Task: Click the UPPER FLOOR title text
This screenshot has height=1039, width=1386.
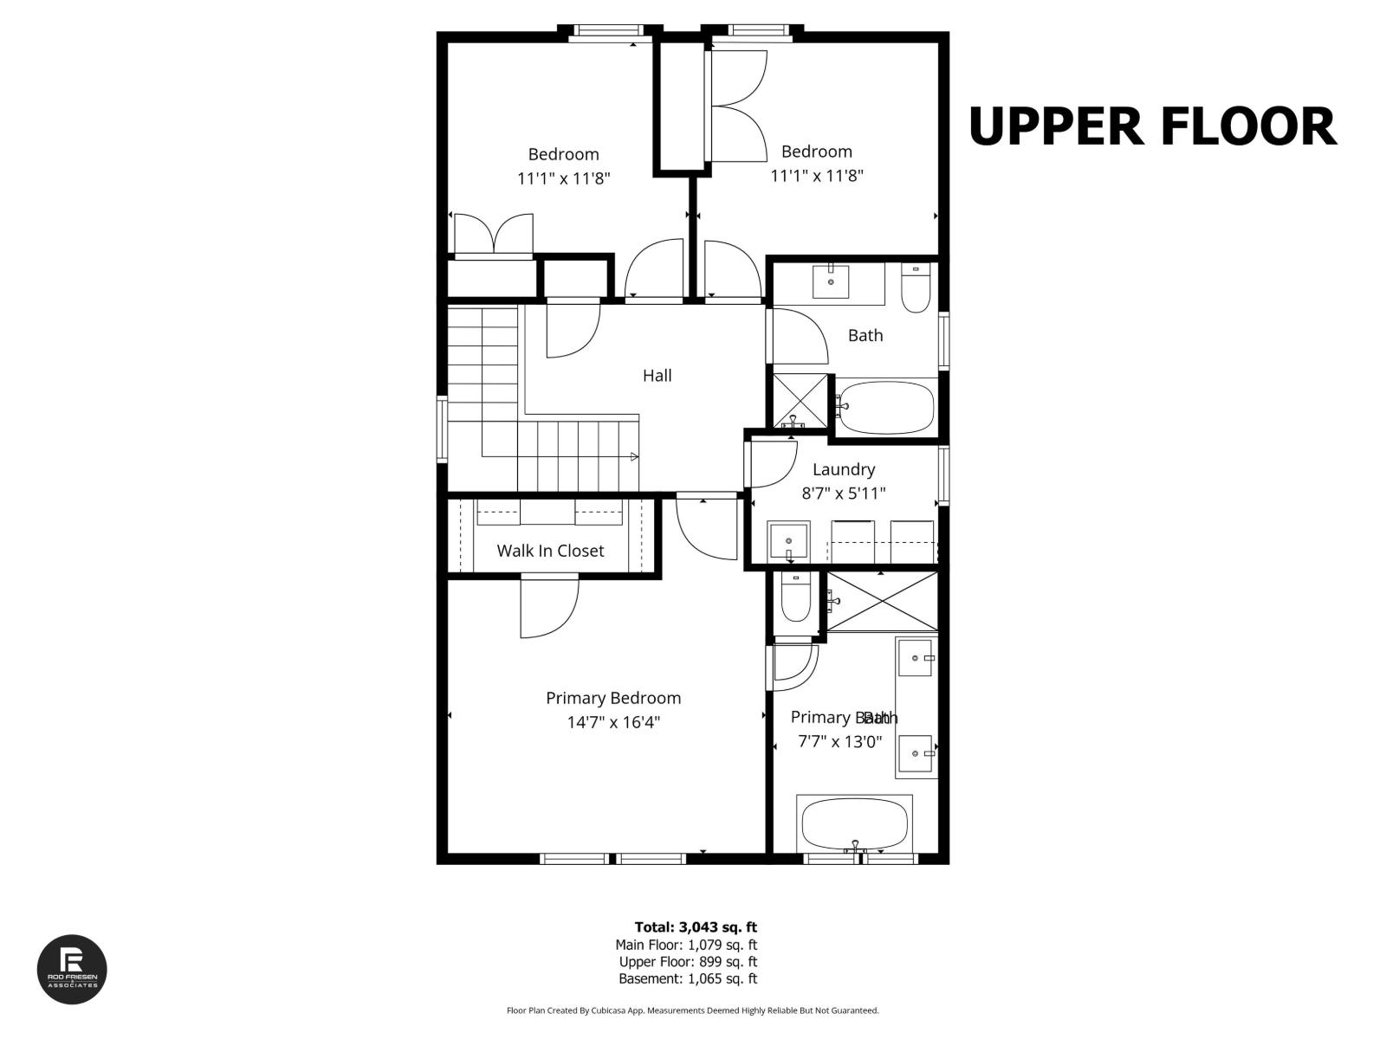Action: pyautogui.click(x=1151, y=126)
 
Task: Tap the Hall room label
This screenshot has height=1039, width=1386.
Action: pyautogui.click(x=657, y=376)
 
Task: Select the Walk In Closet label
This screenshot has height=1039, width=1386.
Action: pyautogui.click(x=550, y=551)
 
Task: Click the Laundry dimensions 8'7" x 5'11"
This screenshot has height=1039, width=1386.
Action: pyautogui.click(x=843, y=494)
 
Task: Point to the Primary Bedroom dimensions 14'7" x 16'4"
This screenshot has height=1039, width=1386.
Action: pyautogui.click(x=613, y=722)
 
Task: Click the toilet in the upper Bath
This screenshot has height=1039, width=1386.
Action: pyautogui.click(x=915, y=288)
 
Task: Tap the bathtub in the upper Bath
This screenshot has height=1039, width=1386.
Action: pyautogui.click(x=886, y=409)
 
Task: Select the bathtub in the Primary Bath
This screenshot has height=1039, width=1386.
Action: pyautogui.click(x=855, y=823)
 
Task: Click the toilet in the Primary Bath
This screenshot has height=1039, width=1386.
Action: pyautogui.click(x=795, y=598)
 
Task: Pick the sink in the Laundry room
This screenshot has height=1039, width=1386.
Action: pyautogui.click(x=788, y=542)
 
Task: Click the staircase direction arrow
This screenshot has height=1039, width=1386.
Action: pyautogui.click(x=634, y=456)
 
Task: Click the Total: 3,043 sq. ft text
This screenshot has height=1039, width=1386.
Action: pyautogui.click(x=696, y=927)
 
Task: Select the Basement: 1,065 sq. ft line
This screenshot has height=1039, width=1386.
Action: pyautogui.click(x=687, y=978)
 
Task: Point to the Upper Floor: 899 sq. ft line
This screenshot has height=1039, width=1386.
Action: pyautogui.click(x=687, y=962)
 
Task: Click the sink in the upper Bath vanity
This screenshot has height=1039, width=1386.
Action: pyautogui.click(x=831, y=281)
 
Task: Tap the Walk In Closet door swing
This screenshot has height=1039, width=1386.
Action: pyautogui.click(x=548, y=608)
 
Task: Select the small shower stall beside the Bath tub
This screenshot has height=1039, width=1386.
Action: pyautogui.click(x=800, y=401)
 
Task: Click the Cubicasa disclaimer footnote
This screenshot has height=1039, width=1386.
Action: pyautogui.click(x=692, y=1010)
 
